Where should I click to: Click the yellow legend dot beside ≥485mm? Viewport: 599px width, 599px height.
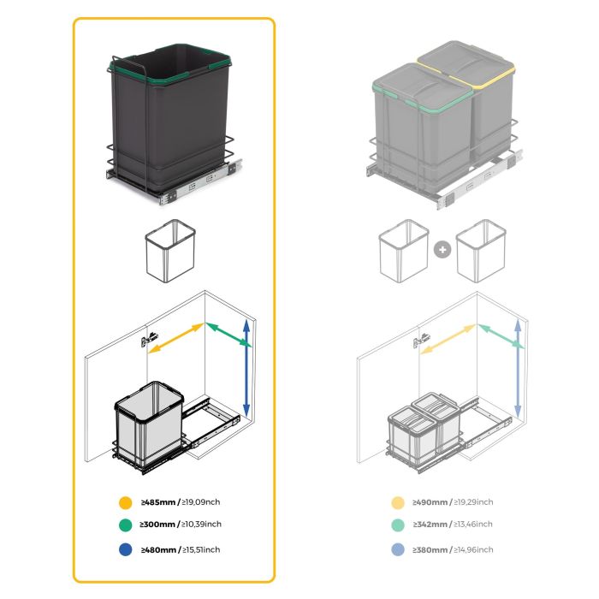click(126, 502)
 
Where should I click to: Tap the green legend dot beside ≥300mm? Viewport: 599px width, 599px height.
click(126, 525)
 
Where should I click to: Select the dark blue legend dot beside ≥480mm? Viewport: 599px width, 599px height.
click(126, 549)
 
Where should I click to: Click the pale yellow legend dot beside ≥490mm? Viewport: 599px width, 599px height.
click(397, 503)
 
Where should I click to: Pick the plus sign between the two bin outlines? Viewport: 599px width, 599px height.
click(442, 251)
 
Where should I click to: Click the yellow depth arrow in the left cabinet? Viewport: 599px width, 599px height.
click(175, 338)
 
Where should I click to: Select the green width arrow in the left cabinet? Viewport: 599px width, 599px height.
click(228, 335)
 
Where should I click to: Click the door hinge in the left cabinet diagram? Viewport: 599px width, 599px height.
click(149, 339)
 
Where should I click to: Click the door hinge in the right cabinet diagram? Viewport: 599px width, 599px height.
click(419, 341)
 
